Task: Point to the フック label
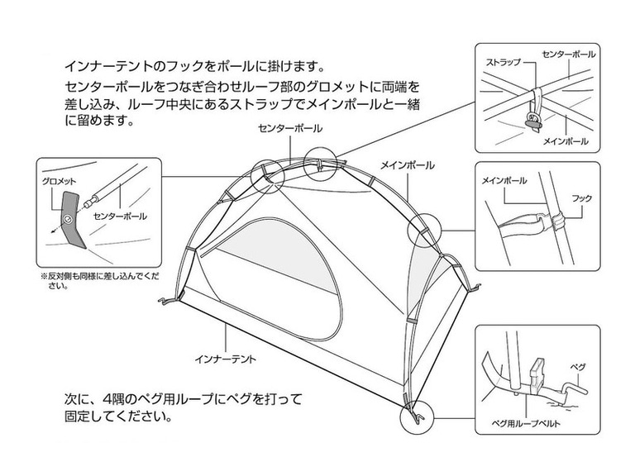tap(581, 199)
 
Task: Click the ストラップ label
tap(503, 62)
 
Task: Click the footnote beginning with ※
tap(97, 281)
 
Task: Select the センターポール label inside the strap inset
tap(568, 53)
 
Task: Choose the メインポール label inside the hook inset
tap(504, 179)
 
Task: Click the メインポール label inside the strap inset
tap(565, 141)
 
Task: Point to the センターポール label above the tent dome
tap(290, 129)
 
